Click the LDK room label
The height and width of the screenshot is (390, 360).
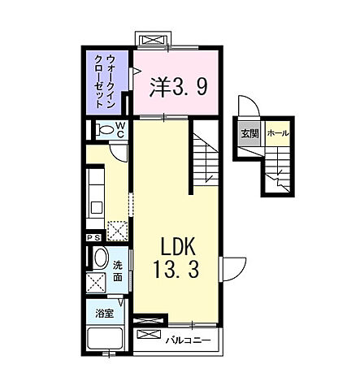click(178, 246)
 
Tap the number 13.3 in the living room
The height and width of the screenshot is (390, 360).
click(176, 269)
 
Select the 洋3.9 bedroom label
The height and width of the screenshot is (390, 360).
click(179, 87)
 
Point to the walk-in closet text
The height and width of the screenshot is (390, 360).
click(105, 81)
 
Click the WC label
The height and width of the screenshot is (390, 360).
click(120, 129)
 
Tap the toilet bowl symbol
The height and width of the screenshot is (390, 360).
click(105, 129)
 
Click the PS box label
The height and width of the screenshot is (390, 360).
click(93, 238)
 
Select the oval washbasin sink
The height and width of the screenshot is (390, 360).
click(101, 258)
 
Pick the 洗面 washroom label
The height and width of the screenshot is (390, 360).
click(117, 271)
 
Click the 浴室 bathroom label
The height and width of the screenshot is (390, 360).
click(104, 314)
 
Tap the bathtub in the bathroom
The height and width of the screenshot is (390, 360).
click(105, 339)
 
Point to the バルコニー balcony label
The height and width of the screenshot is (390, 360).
click(188, 340)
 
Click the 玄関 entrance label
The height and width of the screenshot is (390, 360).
click(249, 134)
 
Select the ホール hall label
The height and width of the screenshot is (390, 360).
click(278, 133)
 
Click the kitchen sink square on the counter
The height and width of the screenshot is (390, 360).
click(96, 208)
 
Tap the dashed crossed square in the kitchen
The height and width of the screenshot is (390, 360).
click(118, 231)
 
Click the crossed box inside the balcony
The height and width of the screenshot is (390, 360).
click(149, 334)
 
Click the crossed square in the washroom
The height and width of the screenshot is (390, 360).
click(96, 283)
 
